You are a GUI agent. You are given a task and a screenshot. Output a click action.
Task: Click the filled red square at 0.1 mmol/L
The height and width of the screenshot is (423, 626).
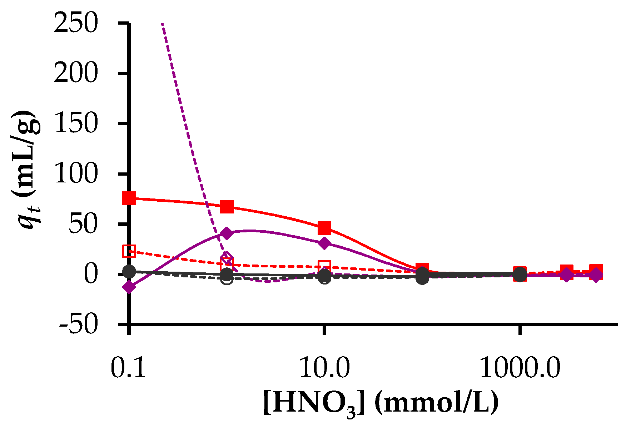pyautogui.click(x=129, y=198)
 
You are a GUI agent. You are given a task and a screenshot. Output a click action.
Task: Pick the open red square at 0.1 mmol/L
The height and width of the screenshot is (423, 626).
pyautogui.click(x=129, y=251)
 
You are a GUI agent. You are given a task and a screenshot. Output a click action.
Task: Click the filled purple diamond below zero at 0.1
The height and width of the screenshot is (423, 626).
pyautogui.click(x=129, y=287)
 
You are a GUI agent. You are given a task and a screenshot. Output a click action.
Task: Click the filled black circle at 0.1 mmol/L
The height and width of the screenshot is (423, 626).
pyautogui.click(x=129, y=272)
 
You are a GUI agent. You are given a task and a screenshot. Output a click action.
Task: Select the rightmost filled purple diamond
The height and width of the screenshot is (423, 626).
pyautogui.click(x=595, y=275)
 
